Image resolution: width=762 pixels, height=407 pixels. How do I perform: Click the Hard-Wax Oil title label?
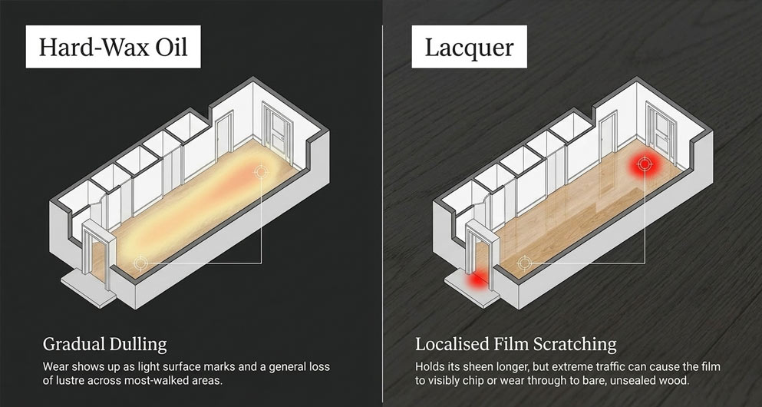113,47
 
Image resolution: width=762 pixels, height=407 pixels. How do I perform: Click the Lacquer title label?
469,47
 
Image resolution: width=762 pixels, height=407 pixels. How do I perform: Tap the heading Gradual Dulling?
104,345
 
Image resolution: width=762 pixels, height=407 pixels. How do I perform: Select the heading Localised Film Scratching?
516,344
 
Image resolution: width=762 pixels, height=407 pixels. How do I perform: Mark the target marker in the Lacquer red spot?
645,164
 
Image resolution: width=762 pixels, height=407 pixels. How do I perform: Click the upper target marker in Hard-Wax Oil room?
262,171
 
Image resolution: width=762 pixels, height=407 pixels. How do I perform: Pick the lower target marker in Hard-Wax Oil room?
140,263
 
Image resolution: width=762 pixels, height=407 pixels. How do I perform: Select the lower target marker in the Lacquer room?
523,263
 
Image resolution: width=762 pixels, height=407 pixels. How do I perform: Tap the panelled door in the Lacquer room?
661,128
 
